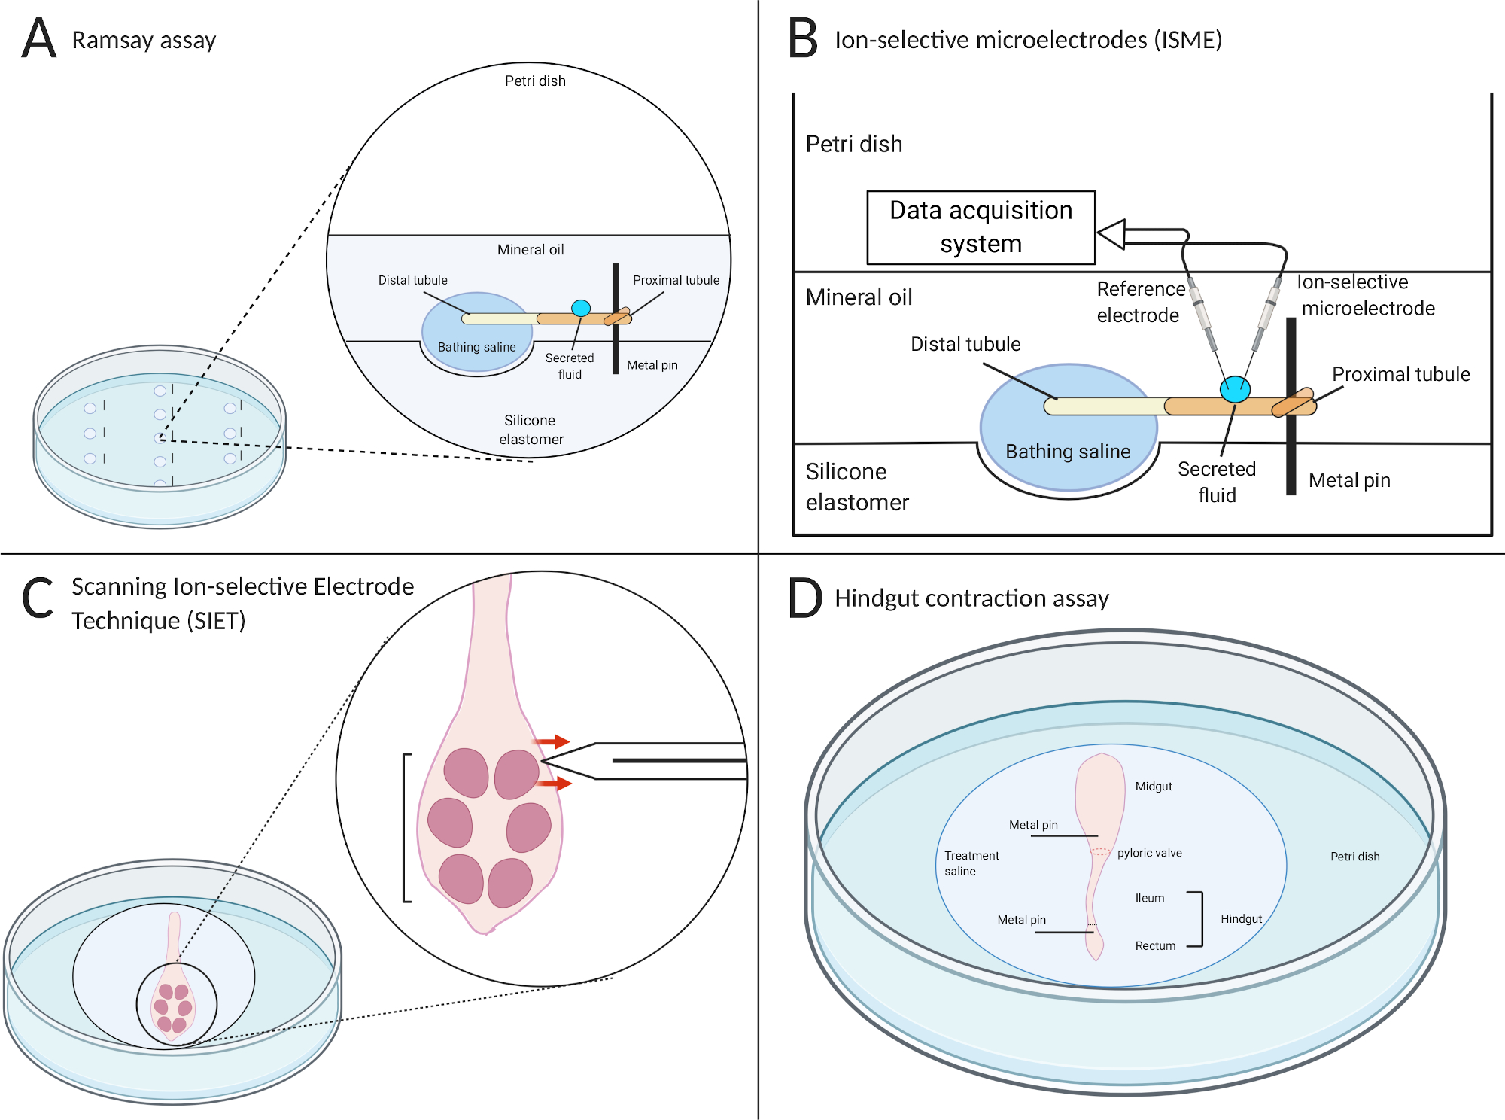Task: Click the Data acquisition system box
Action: tap(981, 227)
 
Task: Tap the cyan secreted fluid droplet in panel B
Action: tap(1235, 389)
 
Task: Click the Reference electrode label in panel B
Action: tap(1140, 302)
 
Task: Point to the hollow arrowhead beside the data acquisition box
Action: tap(1111, 234)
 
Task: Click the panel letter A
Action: tap(39, 38)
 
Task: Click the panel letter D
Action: tap(805, 598)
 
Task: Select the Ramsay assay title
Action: tap(144, 40)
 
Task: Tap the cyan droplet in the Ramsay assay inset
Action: tap(581, 308)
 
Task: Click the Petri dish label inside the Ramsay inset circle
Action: tap(535, 81)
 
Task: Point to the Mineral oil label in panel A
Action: tap(531, 250)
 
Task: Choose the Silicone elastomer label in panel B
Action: tap(857, 486)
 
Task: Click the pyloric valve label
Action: tap(1149, 853)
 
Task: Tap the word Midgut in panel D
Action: tap(1154, 787)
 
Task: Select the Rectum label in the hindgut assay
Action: tap(1155, 946)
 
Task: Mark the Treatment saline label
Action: tap(971, 863)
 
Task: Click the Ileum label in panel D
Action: tap(1150, 898)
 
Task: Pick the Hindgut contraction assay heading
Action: tap(971, 598)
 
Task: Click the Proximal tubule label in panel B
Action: tap(1400, 374)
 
